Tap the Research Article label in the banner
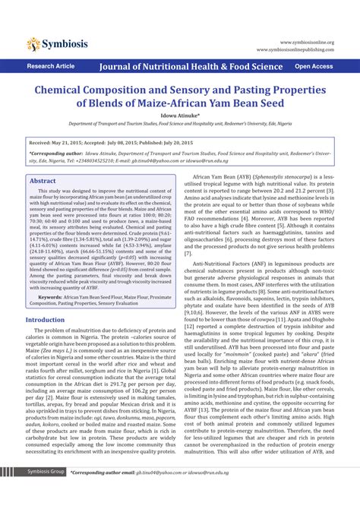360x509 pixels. coord(51,67)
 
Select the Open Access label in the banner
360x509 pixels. coord(314,67)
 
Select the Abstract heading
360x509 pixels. coord(43,181)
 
